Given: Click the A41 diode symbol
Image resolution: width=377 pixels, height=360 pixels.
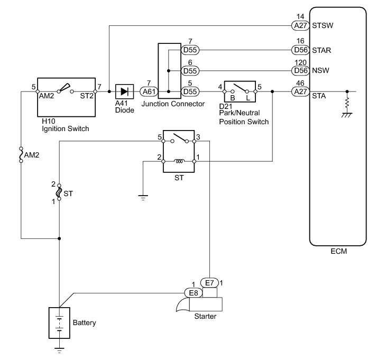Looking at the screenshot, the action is (x=124, y=91).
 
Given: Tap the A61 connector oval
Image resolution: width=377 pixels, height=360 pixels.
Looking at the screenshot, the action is (x=149, y=91).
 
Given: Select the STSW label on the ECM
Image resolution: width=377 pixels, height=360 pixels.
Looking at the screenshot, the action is (x=323, y=25).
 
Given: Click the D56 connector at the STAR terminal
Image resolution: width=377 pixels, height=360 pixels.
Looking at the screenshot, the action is (x=300, y=50).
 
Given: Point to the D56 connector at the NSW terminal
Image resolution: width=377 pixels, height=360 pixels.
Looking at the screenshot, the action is (x=300, y=71).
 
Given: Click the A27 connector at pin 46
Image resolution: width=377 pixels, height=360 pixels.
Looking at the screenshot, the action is (x=300, y=91).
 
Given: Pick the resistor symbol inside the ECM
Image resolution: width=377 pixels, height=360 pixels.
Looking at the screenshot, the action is (x=347, y=103).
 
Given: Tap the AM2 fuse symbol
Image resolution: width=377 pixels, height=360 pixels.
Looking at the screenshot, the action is (x=21, y=155).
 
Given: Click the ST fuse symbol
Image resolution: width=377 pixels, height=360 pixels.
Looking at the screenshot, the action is (x=59, y=192).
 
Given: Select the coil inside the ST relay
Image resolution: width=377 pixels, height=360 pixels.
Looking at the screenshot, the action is (x=179, y=161).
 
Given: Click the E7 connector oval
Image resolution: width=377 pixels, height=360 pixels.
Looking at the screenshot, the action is (x=209, y=283).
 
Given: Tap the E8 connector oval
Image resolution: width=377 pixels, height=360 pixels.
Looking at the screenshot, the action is (x=194, y=293).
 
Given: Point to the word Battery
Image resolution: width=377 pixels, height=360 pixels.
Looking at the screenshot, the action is (x=84, y=323).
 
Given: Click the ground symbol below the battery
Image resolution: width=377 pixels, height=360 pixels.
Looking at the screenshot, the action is (x=59, y=350).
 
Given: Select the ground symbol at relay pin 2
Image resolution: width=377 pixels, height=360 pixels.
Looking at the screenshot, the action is (x=143, y=198).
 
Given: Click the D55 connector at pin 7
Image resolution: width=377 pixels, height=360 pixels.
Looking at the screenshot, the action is (x=190, y=50).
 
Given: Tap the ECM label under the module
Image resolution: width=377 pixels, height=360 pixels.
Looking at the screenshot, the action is (x=339, y=252).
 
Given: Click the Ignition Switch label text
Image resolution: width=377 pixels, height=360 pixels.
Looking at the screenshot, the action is (x=66, y=129).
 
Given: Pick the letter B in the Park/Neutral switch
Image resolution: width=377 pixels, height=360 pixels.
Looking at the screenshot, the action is (x=233, y=98).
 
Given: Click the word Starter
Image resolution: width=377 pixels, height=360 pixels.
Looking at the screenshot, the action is (x=205, y=316).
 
